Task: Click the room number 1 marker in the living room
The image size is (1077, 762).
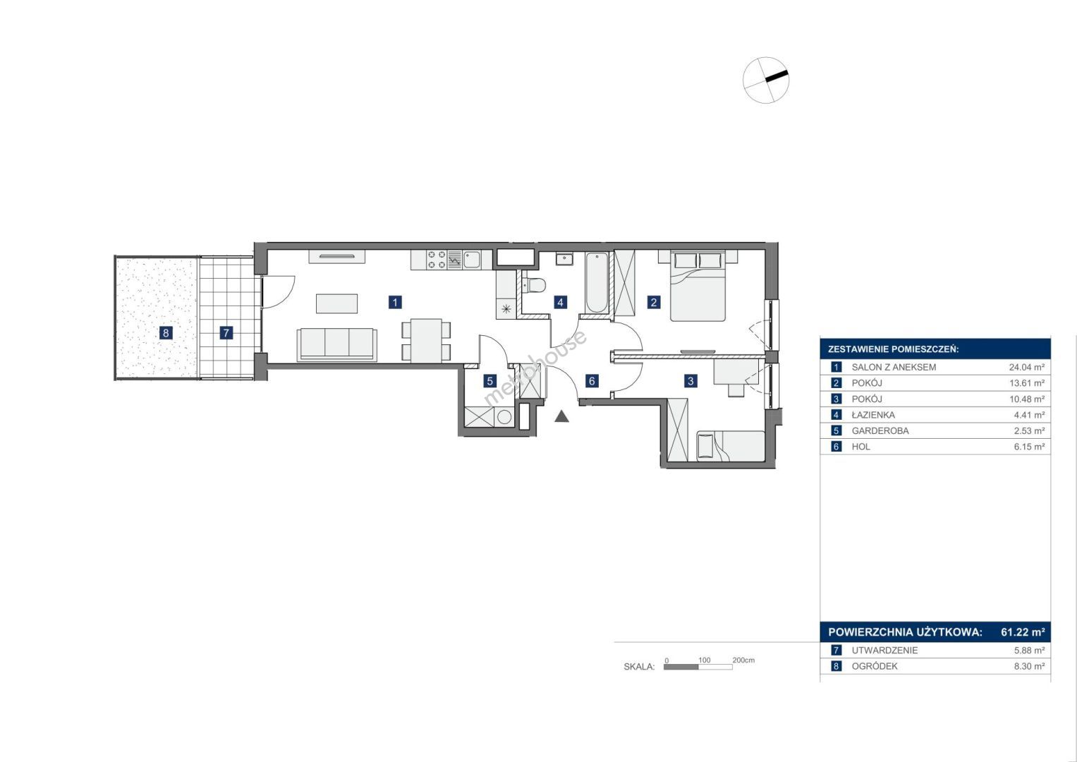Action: coord(395,302)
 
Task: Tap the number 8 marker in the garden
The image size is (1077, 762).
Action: coord(166,332)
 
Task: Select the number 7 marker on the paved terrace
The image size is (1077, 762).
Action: coord(226,332)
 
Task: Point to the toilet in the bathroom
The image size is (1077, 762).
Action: coord(534,285)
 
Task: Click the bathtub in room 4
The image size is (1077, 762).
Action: coord(597,282)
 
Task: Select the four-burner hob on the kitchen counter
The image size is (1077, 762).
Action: coord(437,260)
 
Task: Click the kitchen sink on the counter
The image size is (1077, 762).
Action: coord(472,260)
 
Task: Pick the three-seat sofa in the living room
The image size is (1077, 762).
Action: coord(336,344)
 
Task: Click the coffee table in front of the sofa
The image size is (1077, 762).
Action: coord(336,303)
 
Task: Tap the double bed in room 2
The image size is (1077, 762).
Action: coord(698,286)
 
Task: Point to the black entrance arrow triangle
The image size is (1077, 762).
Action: coord(561,416)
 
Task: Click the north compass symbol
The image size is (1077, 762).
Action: coord(765,80)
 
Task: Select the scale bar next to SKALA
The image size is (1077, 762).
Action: coord(698,667)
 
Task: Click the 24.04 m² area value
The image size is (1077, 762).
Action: coord(1026,367)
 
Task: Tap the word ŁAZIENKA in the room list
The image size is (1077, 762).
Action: coord(873,415)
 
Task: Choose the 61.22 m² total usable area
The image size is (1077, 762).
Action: coord(1023,631)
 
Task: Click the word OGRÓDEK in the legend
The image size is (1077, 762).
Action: coord(875,666)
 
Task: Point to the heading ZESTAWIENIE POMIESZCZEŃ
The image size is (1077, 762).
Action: coord(894,349)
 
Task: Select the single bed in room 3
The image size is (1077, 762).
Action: coord(731,445)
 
